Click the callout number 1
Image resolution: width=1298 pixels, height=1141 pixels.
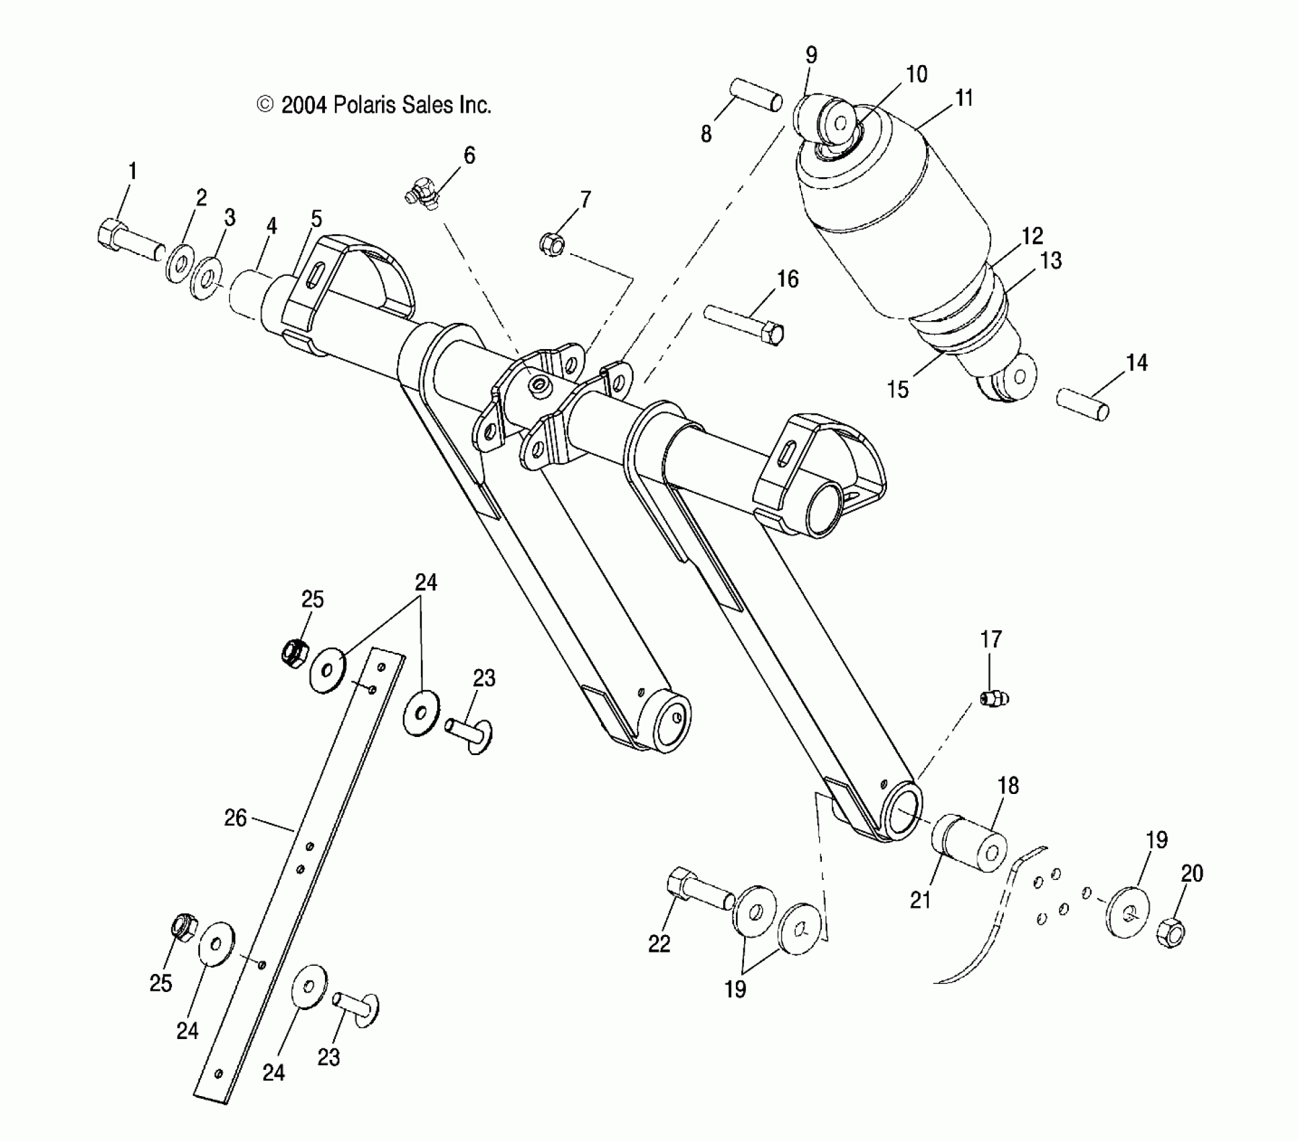click(x=132, y=171)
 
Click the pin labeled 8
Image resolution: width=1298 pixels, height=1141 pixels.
click(x=755, y=95)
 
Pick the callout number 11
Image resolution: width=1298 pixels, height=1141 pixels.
click(x=964, y=98)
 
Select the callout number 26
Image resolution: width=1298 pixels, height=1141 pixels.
click(x=235, y=817)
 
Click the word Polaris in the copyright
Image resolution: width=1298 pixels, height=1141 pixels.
click(x=367, y=105)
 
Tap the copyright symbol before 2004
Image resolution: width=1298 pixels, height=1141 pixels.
click(x=266, y=105)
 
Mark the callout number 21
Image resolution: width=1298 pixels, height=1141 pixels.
click(x=920, y=900)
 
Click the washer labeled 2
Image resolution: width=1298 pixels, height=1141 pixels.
click(x=180, y=260)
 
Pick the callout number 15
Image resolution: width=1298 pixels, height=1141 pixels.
click(x=898, y=389)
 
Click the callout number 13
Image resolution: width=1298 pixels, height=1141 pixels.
click(x=1051, y=260)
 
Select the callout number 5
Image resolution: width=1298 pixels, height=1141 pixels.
click(x=316, y=219)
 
